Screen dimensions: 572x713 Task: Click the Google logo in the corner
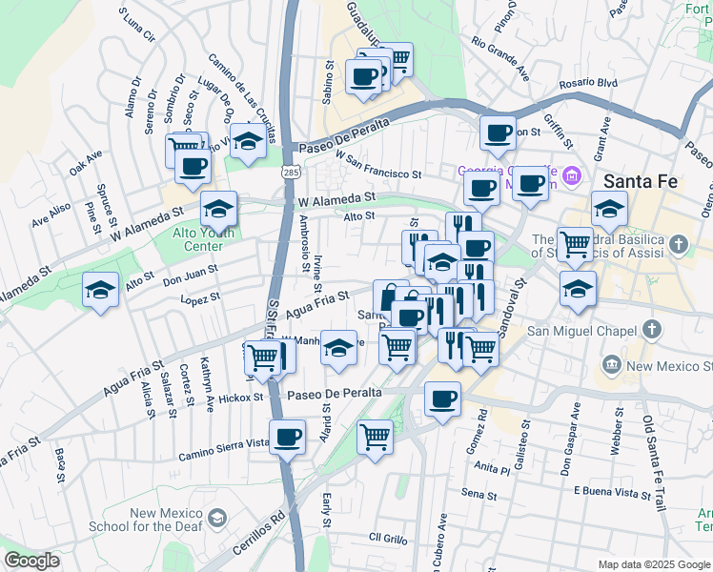pos(32,561)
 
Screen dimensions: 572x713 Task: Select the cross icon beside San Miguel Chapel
pos(651,331)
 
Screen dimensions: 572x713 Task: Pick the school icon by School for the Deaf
pos(218,519)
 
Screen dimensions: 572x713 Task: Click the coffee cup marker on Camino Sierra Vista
pos(287,438)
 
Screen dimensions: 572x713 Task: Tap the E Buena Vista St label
pos(613,493)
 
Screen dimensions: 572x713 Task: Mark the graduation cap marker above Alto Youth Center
pos(218,209)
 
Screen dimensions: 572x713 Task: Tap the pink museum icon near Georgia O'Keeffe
pos(572,175)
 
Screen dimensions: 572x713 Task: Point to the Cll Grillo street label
pos(389,538)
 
